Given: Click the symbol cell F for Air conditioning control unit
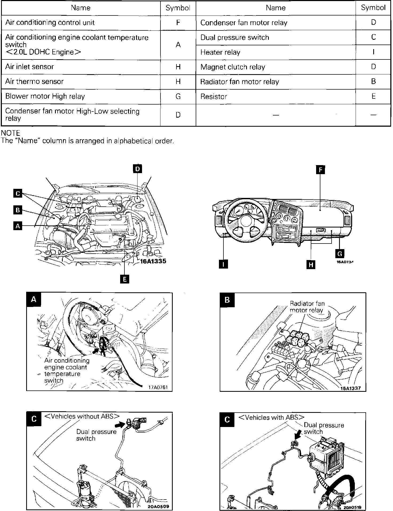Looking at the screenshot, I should (x=178, y=22).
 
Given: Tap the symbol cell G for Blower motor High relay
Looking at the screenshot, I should (x=178, y=96).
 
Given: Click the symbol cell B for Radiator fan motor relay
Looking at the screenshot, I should (x=373, y=81).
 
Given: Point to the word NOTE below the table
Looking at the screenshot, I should (x=11, y=133).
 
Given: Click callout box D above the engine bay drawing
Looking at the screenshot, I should (x=137, y=169).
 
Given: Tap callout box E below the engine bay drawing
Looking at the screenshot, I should (x=125, y=279).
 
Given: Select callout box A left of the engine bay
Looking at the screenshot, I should (x=18, y=226).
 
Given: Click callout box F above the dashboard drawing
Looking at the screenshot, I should (x=320, y=170).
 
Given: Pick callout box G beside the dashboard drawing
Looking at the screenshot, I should (x=340, y=253).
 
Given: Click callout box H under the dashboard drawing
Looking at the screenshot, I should (x=311, y=265).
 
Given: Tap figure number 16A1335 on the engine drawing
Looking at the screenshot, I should (x=153, y=261).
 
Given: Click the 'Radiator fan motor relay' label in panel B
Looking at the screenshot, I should (x=307, y=307).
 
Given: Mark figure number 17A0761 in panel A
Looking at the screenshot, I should (x=158, y=387).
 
